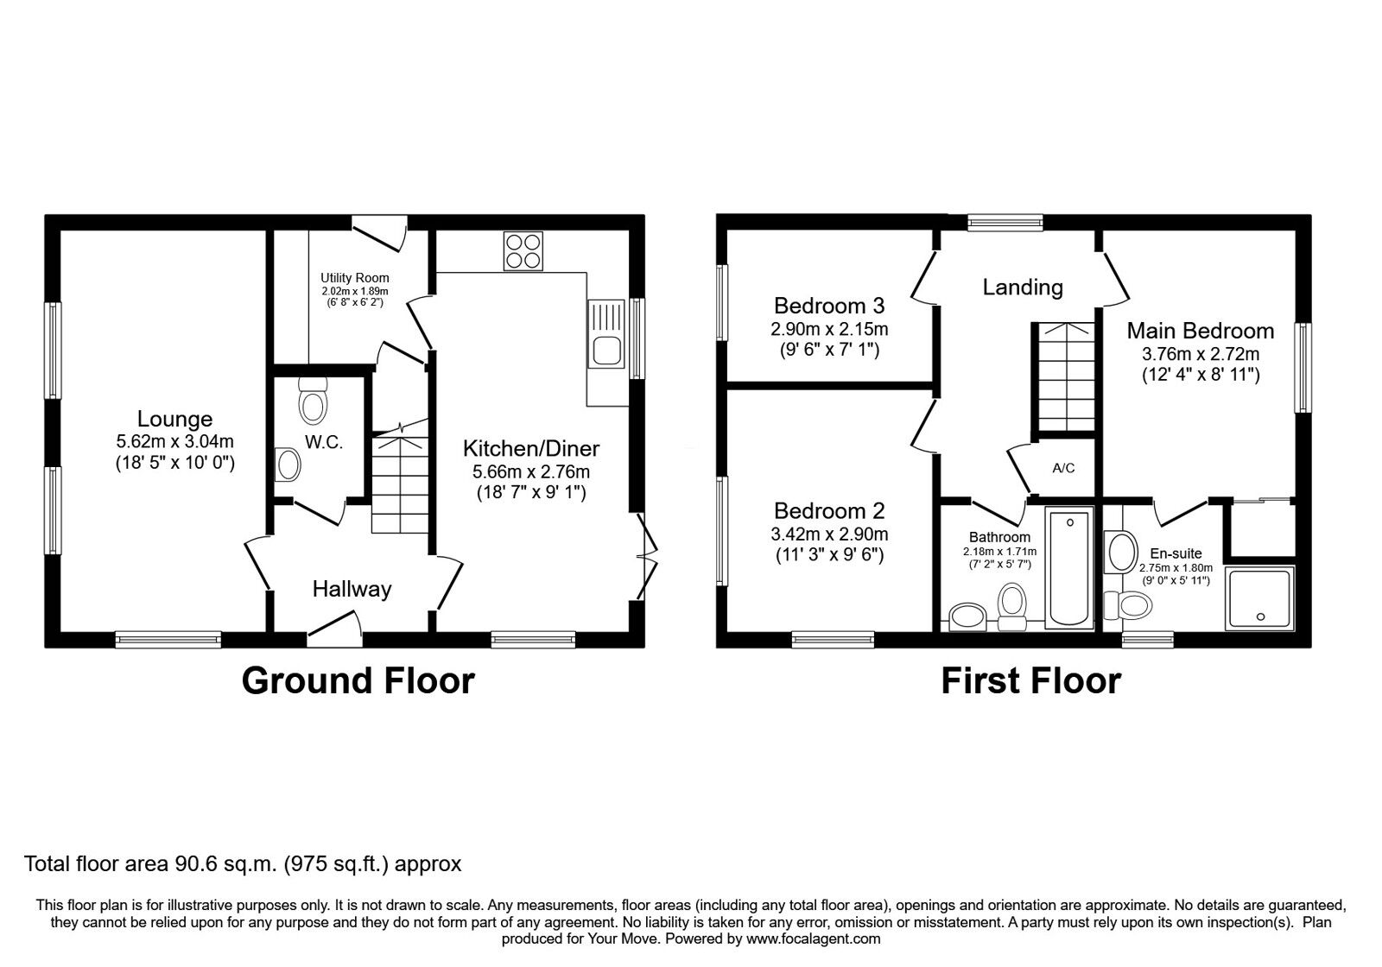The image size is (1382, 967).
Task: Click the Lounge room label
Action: click(175, 419)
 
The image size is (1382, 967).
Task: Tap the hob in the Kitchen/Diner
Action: click(523, 251)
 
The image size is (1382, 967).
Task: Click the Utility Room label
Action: click(354, 278)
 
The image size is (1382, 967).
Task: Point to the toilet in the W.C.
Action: click(313, 401)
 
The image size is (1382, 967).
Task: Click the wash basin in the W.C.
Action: click(287, 465)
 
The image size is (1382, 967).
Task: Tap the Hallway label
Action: click(352, 590)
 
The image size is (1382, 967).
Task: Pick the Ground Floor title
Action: click(358, 680)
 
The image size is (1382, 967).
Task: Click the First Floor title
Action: click(1030, 680)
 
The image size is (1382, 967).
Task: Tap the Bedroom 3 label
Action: click(829, 306)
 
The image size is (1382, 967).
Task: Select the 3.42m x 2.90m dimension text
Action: click(829, 534)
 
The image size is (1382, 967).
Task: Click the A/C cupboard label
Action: click(1063, 468)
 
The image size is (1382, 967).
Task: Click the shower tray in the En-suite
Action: click(1260, 597)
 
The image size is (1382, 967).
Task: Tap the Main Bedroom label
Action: click(1200, 331)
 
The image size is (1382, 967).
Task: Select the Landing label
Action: click(1023, 287)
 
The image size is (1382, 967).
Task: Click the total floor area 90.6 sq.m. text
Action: click(243, 863)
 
